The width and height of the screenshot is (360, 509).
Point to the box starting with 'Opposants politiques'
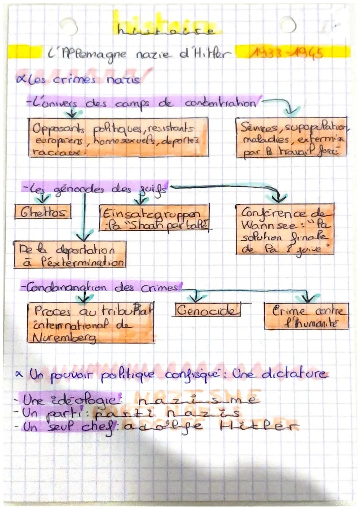118,137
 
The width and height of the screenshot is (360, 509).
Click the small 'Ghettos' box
43,212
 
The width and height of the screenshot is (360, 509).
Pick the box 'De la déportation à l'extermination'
70,254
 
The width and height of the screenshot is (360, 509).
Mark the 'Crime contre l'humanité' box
306,316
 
